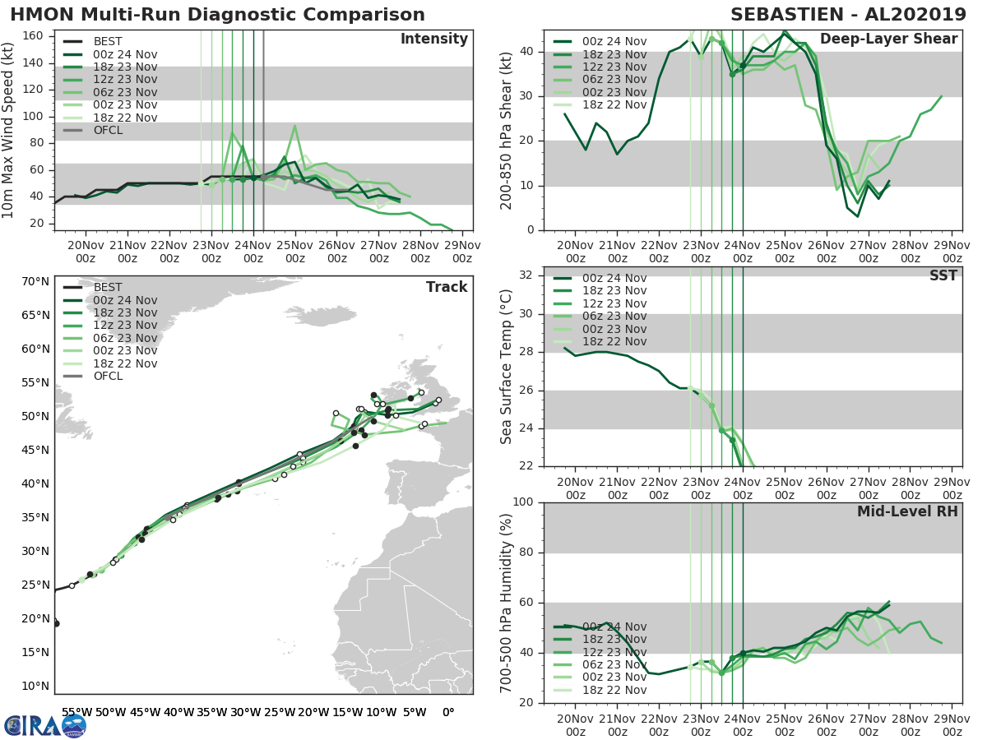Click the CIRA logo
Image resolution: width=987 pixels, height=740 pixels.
pos(44,725)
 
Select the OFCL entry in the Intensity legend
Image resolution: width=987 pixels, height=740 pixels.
pos(108,131)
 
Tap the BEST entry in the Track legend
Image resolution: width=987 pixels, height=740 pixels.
pos(108,288)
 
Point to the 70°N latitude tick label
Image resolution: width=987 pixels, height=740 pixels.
pos(35,282)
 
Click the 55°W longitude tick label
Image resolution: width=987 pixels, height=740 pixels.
pos(76,712)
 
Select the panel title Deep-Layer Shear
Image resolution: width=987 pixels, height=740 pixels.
pos(888,39)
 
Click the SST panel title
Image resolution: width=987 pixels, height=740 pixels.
pos(943,275)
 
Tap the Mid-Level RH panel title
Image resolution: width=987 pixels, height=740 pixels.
pos(907,511)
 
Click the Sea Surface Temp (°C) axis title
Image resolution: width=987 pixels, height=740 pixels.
pos(507,366)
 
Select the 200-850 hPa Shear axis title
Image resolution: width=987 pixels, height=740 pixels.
pos(507,130)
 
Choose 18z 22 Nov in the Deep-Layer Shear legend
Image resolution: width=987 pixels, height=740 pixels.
pos(612,104)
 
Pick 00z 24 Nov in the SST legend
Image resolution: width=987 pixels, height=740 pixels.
pos(612,279)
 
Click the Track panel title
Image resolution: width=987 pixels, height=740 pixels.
pos(447,287)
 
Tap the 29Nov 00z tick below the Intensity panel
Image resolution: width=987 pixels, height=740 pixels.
pos(462,252)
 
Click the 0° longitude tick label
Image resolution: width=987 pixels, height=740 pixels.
pos(448,712)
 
